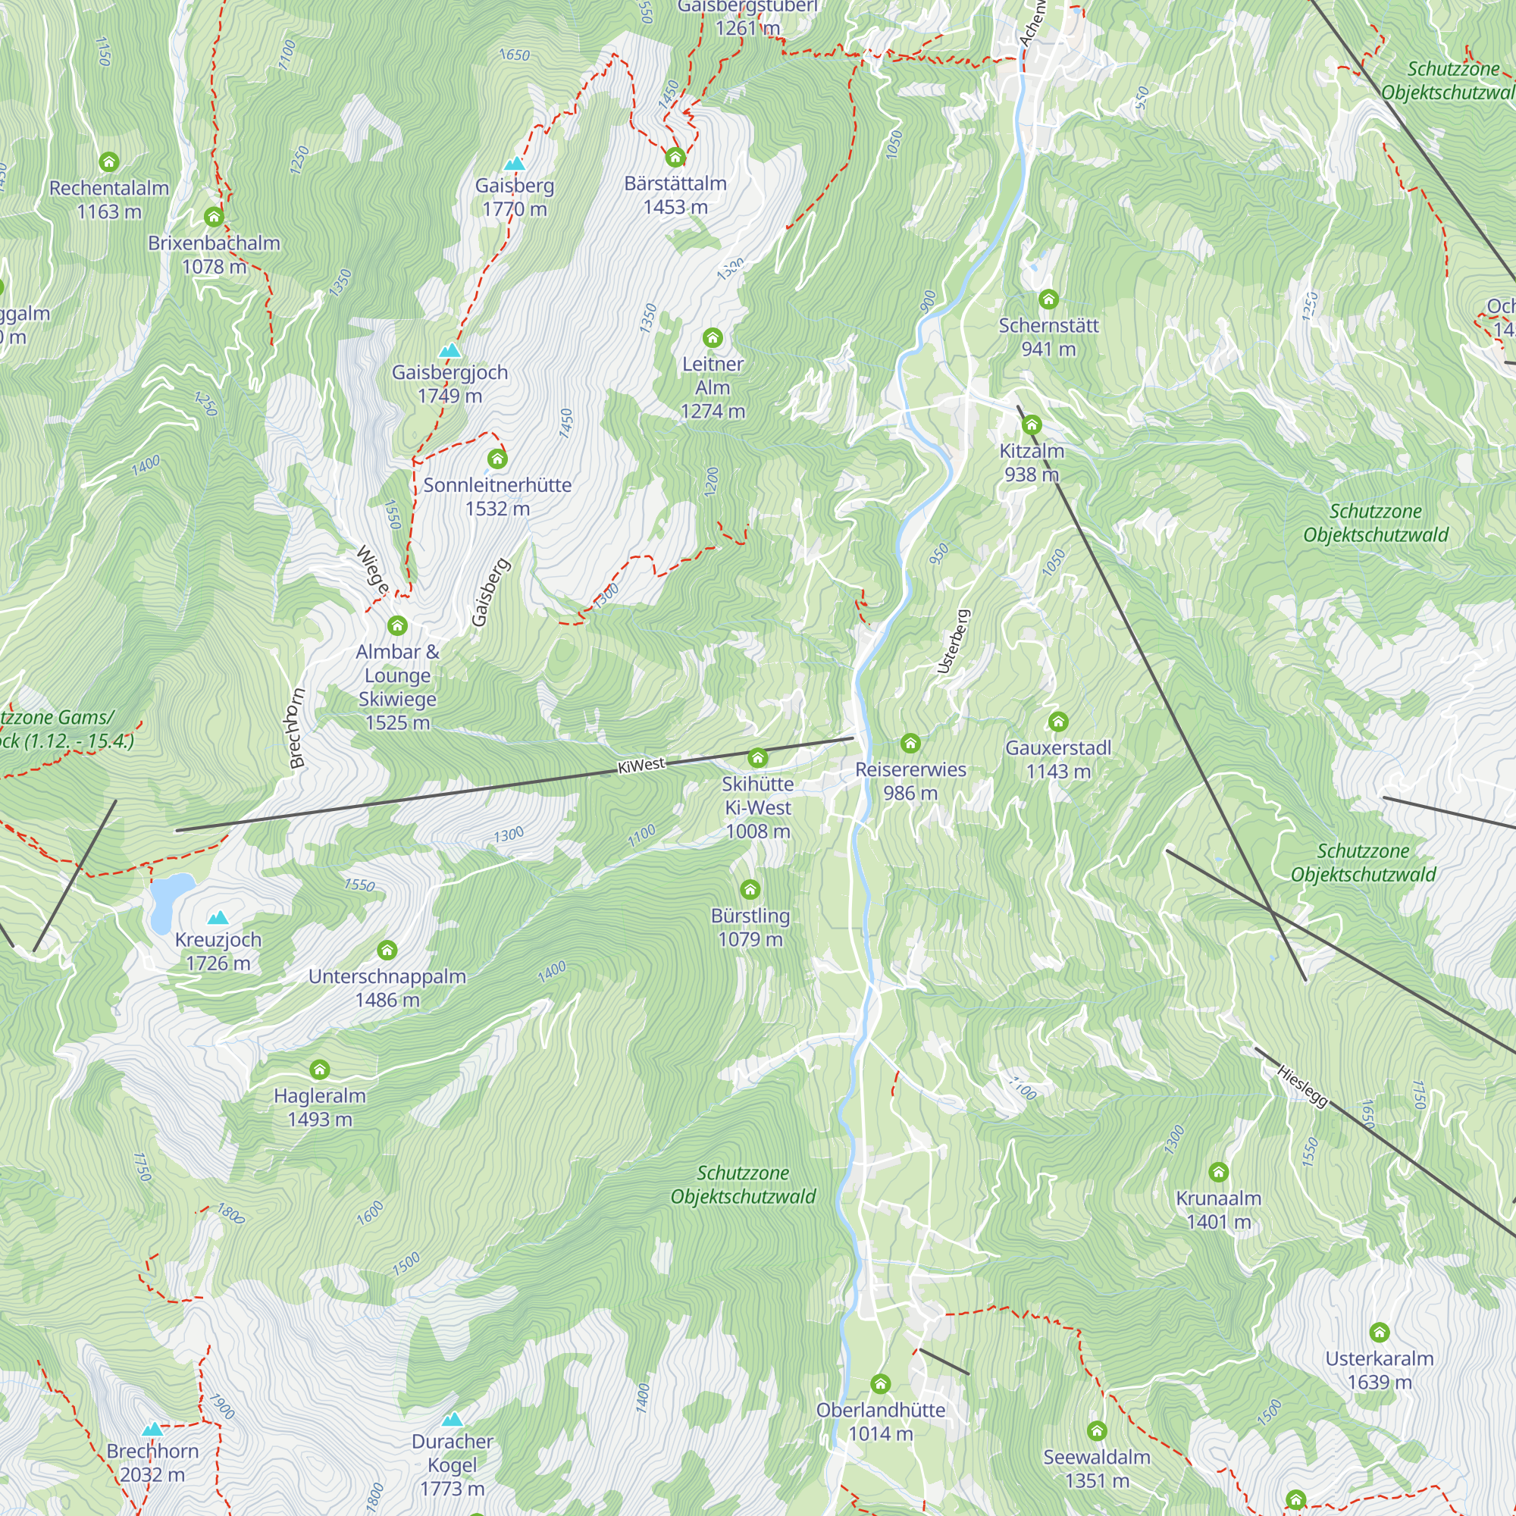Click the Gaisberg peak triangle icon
515,164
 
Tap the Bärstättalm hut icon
675,158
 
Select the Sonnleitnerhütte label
497,496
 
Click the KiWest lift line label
641,765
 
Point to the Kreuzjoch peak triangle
218,917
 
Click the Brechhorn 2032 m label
152,1463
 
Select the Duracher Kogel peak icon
452,1420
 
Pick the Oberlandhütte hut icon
880,1384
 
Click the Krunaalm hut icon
1218,1173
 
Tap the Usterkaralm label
1379,1370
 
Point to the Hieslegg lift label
1301,1086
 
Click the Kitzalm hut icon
1031,425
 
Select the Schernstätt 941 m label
1048,337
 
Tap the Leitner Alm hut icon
713,338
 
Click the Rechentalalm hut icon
109,162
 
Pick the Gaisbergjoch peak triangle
449,351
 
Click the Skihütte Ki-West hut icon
757,758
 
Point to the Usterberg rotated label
954,641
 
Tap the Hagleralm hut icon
319,1070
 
